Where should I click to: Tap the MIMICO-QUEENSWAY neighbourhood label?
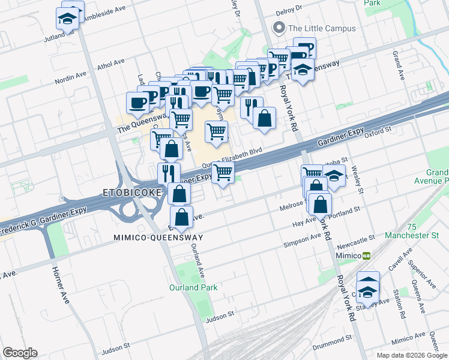coord(158,238)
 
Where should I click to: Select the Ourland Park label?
coord(193,287)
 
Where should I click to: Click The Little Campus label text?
coord(322,28)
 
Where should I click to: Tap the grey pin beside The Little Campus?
coord(278,28)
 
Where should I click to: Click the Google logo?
coord(20,353)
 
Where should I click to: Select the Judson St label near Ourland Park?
coord(218,315)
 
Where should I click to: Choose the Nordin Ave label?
coord(70,77)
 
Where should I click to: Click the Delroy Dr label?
coord(289,12)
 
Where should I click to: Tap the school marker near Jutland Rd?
coord(68,17)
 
